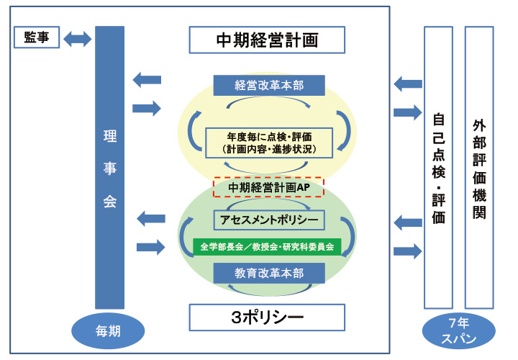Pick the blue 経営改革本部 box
click(x=269, y=85)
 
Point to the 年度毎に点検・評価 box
click(x=269, y=142)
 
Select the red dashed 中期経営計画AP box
click(x=269, y=187)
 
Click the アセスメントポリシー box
click(x=269, y=219)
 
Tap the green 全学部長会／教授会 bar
click(x=267, y=246)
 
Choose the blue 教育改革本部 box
click(x=269, y=274)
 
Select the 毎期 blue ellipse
click(x=109, y=331)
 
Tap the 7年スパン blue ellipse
click(x=458, y=332)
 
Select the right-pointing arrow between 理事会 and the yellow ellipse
click(x=147, y=108)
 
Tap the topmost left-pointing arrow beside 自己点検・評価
click(x=408, y=84)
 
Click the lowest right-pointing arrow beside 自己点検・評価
click(x=408, y=251)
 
